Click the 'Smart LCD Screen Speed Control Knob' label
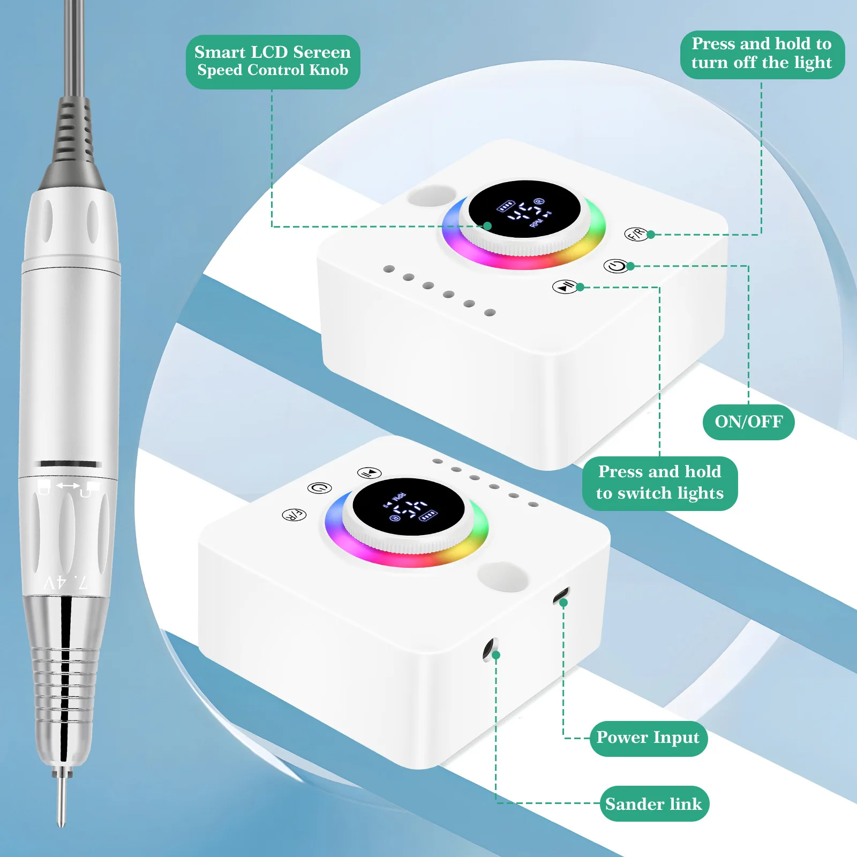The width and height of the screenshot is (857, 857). coord(273,62)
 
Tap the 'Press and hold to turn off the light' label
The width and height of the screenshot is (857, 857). coord(762,54)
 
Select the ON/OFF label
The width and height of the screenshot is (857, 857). coord(748,422)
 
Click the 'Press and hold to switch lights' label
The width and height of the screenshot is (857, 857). coord(659,483)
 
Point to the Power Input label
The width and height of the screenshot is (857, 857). coord(648,738)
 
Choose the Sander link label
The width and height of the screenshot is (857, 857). coord(654,804)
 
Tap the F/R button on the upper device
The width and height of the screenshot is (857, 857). coord(636,234)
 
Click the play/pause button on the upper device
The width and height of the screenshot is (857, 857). coord(565,287)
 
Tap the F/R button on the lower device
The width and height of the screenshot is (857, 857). coord(294,515)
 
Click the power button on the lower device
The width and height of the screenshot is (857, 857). coord(320,488)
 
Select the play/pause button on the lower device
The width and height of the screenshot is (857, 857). coord(370,473)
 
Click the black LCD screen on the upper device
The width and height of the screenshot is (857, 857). coord(524,209)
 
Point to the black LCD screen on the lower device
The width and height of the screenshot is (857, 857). coord(408,507)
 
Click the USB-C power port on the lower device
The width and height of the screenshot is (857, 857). coord(561,595)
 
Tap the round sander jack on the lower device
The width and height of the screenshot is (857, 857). coord(490,649)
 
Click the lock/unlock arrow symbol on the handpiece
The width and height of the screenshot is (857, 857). coord(68,486)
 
